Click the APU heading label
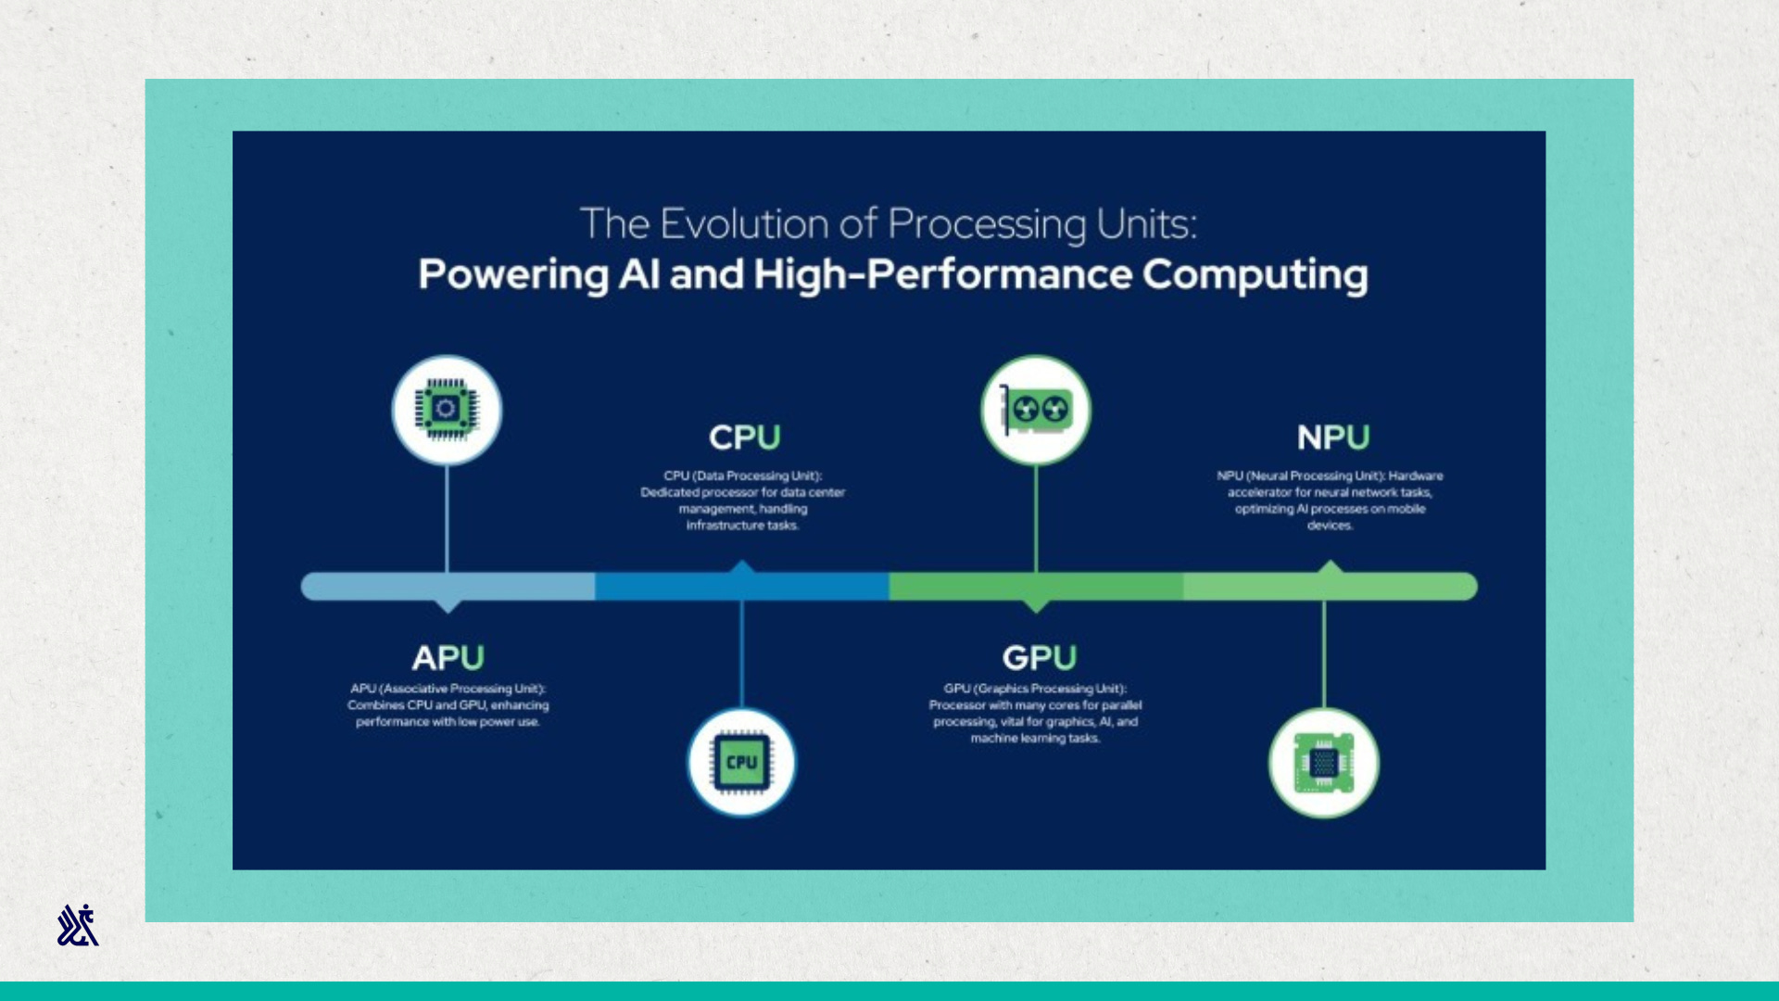[448, 657]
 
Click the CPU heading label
[745, 437]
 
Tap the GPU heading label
[1040, 657]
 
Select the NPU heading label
[1333, 437]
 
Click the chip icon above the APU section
[447, 410]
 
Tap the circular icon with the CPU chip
[741, 763]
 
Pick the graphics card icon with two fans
[1036, 410]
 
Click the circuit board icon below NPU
[1324, 763]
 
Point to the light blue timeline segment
[448, 587]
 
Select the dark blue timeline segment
[742, 587]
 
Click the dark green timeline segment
[1036, 587]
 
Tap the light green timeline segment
[1331, 587]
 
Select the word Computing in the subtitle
[1255, 275]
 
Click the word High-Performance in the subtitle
[942, 275]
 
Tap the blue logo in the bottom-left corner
[78, 925]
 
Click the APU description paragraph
[448, 705]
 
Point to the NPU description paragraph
[1330, 500]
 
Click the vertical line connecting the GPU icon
[1036, 519]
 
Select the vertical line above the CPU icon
[741, 654]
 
